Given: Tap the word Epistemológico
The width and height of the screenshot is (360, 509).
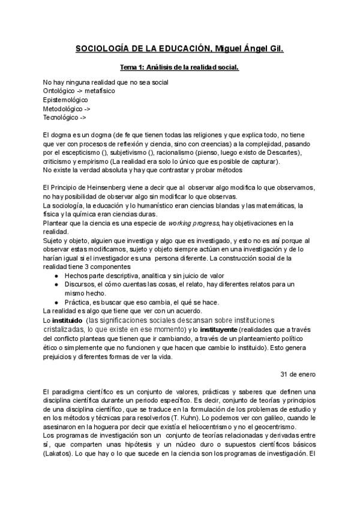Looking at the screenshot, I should (x=65, y=100).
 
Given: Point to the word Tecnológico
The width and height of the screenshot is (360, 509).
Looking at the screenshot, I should (x=62, y=118).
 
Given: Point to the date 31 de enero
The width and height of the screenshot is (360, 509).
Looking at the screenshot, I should (x=298, y=374).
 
